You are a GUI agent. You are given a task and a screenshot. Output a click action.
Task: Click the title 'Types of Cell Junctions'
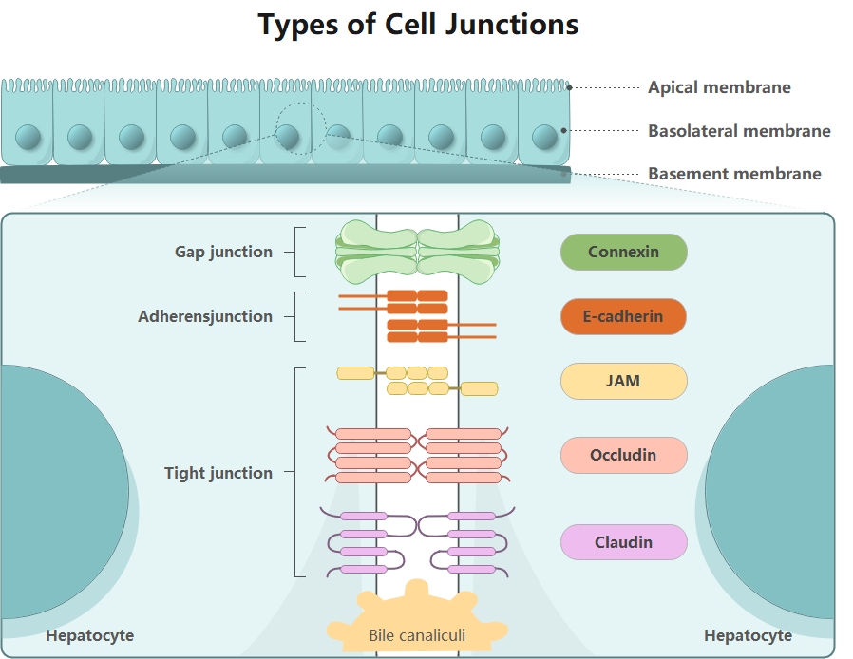point(418,25)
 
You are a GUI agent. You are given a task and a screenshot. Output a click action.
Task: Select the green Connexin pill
point(623,253)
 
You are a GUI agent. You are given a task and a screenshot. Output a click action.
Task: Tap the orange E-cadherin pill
point(623,316)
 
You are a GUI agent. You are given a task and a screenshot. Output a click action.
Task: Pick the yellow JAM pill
point(623,381)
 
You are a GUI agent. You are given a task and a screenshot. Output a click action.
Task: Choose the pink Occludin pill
point(623,455)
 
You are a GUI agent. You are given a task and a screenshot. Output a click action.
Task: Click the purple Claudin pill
point(623,542)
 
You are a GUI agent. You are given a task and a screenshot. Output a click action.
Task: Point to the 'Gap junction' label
point(223,253)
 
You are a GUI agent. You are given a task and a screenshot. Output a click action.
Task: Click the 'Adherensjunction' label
point(205,317)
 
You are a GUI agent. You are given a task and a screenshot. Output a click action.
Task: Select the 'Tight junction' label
point(218,473)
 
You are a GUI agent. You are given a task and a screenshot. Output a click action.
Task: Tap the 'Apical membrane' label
point(719,87)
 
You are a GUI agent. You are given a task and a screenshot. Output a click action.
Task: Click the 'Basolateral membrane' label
point(739,131)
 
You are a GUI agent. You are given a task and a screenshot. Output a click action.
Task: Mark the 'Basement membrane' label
point(734,174)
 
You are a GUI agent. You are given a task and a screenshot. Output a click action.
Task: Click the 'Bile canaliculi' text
point(417,634)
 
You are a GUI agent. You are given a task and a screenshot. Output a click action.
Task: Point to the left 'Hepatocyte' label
point(90,635)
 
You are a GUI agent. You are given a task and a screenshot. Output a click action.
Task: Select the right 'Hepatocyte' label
point(748,635)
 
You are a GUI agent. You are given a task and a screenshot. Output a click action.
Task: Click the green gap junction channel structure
point(417,253)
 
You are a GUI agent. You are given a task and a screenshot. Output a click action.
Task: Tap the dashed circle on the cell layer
point(301,128)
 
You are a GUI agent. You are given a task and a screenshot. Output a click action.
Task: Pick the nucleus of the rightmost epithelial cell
point(543,137)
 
